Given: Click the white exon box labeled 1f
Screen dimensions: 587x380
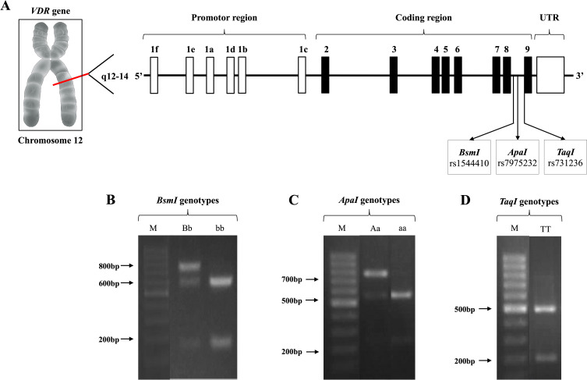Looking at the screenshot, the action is [154, 76].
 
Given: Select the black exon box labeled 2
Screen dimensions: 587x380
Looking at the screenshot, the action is [325, 76].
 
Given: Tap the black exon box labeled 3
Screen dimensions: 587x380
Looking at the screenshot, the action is [394, 76].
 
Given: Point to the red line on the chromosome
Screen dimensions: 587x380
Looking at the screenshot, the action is [65, 76].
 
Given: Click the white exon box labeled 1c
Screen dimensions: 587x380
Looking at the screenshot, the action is [302, 76].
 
